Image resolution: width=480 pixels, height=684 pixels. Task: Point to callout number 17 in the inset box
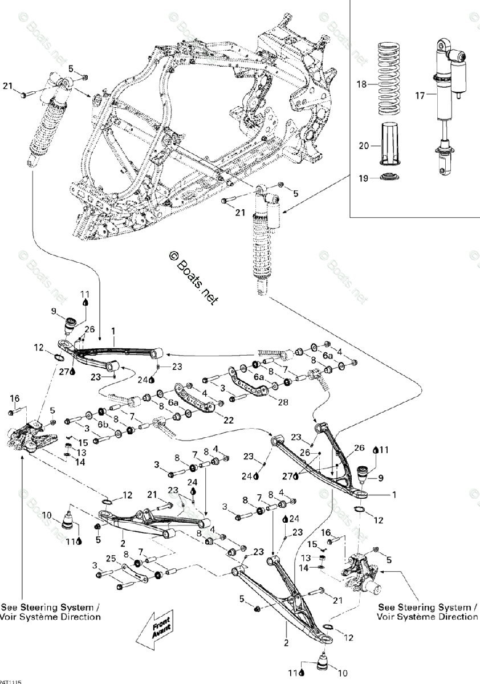tap(420, 96)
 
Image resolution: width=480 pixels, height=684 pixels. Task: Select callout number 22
tap(213, 420)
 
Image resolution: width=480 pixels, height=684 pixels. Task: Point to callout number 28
tap(282, 402)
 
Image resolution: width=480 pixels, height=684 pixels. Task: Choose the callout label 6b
tap(103, 425)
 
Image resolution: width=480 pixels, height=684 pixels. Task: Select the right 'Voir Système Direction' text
tap(428, 617)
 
